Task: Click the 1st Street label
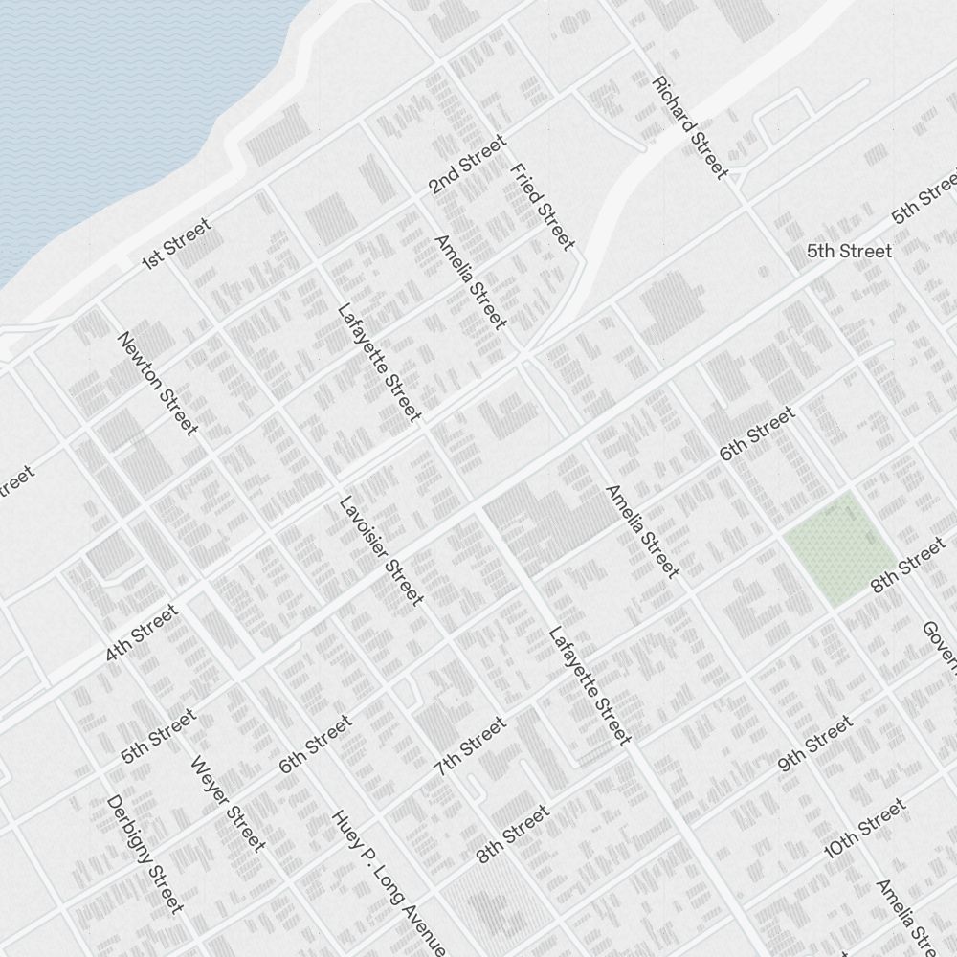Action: [175, 244]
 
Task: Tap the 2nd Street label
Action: [466, 165]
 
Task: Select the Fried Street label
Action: [543, 207]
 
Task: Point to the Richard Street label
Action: [690, 127]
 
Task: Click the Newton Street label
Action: [157, 383]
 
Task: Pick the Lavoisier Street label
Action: [381, 550]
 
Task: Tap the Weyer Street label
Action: [228, 804]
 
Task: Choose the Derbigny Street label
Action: [145, 853]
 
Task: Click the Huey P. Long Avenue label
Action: [389, 882]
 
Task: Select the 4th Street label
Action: [142, 633]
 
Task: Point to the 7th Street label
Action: [470, 746]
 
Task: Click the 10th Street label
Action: [864, 829]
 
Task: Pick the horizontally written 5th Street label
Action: [849, 252]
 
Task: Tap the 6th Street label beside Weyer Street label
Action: [315, 745]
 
